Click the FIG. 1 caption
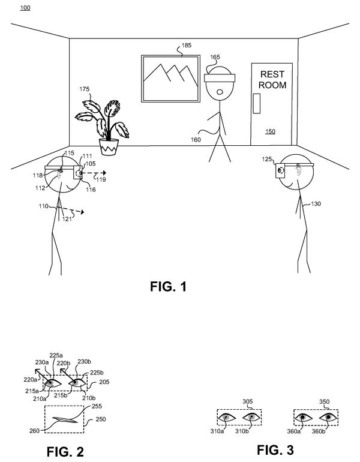[x=168, y=286]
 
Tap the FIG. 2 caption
[x=65, y=452]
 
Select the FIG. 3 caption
[x=275, y=450]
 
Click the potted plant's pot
[x=109, y=147]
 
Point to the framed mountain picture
[x=170, y=79]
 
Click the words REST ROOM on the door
[x=272, y=80]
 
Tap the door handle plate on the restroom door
[x=257, y=103]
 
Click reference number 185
[x=186, y=46]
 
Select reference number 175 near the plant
[x=85, y=89]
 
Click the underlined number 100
[x=25, y=8]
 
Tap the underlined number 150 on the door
[x=270, y=131]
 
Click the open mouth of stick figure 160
[x=220, y=92]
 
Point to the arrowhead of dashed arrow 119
[x=104, y=173]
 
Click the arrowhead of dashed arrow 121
[x=82, y=212]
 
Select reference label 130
[x=316, y=203]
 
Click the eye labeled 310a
[x=227, y=417]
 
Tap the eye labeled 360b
[x=328, y=417]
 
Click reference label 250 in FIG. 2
[x=100, y=419]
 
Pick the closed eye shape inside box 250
[x=65, y=420]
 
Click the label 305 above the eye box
[x=247, y=401]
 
